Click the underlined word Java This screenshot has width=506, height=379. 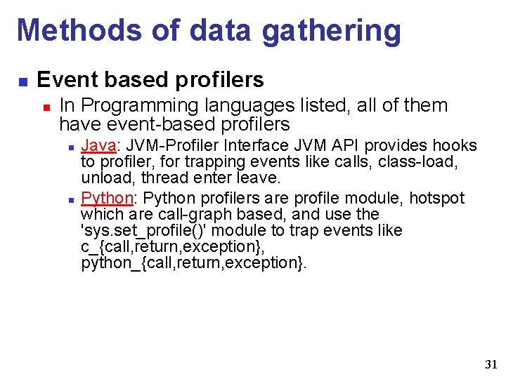(x=96, y=145)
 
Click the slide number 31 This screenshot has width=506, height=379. (x=491, y=364)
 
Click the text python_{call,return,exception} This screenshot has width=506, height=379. (x=194, y=263)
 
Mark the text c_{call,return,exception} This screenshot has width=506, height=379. (x=172, y=247)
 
